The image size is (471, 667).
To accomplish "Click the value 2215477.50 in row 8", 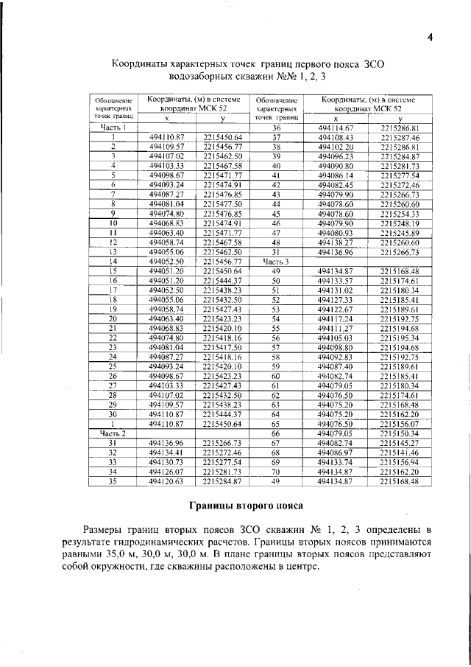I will click(x=222, y=204).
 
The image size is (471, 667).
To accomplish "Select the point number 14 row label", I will click(x=113, y=262).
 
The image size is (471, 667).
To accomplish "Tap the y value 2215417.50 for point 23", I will click(x=222, y=348).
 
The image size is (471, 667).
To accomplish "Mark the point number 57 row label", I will click(x=276, y=348).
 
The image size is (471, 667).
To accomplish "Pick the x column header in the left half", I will click(x=166, y=118).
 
